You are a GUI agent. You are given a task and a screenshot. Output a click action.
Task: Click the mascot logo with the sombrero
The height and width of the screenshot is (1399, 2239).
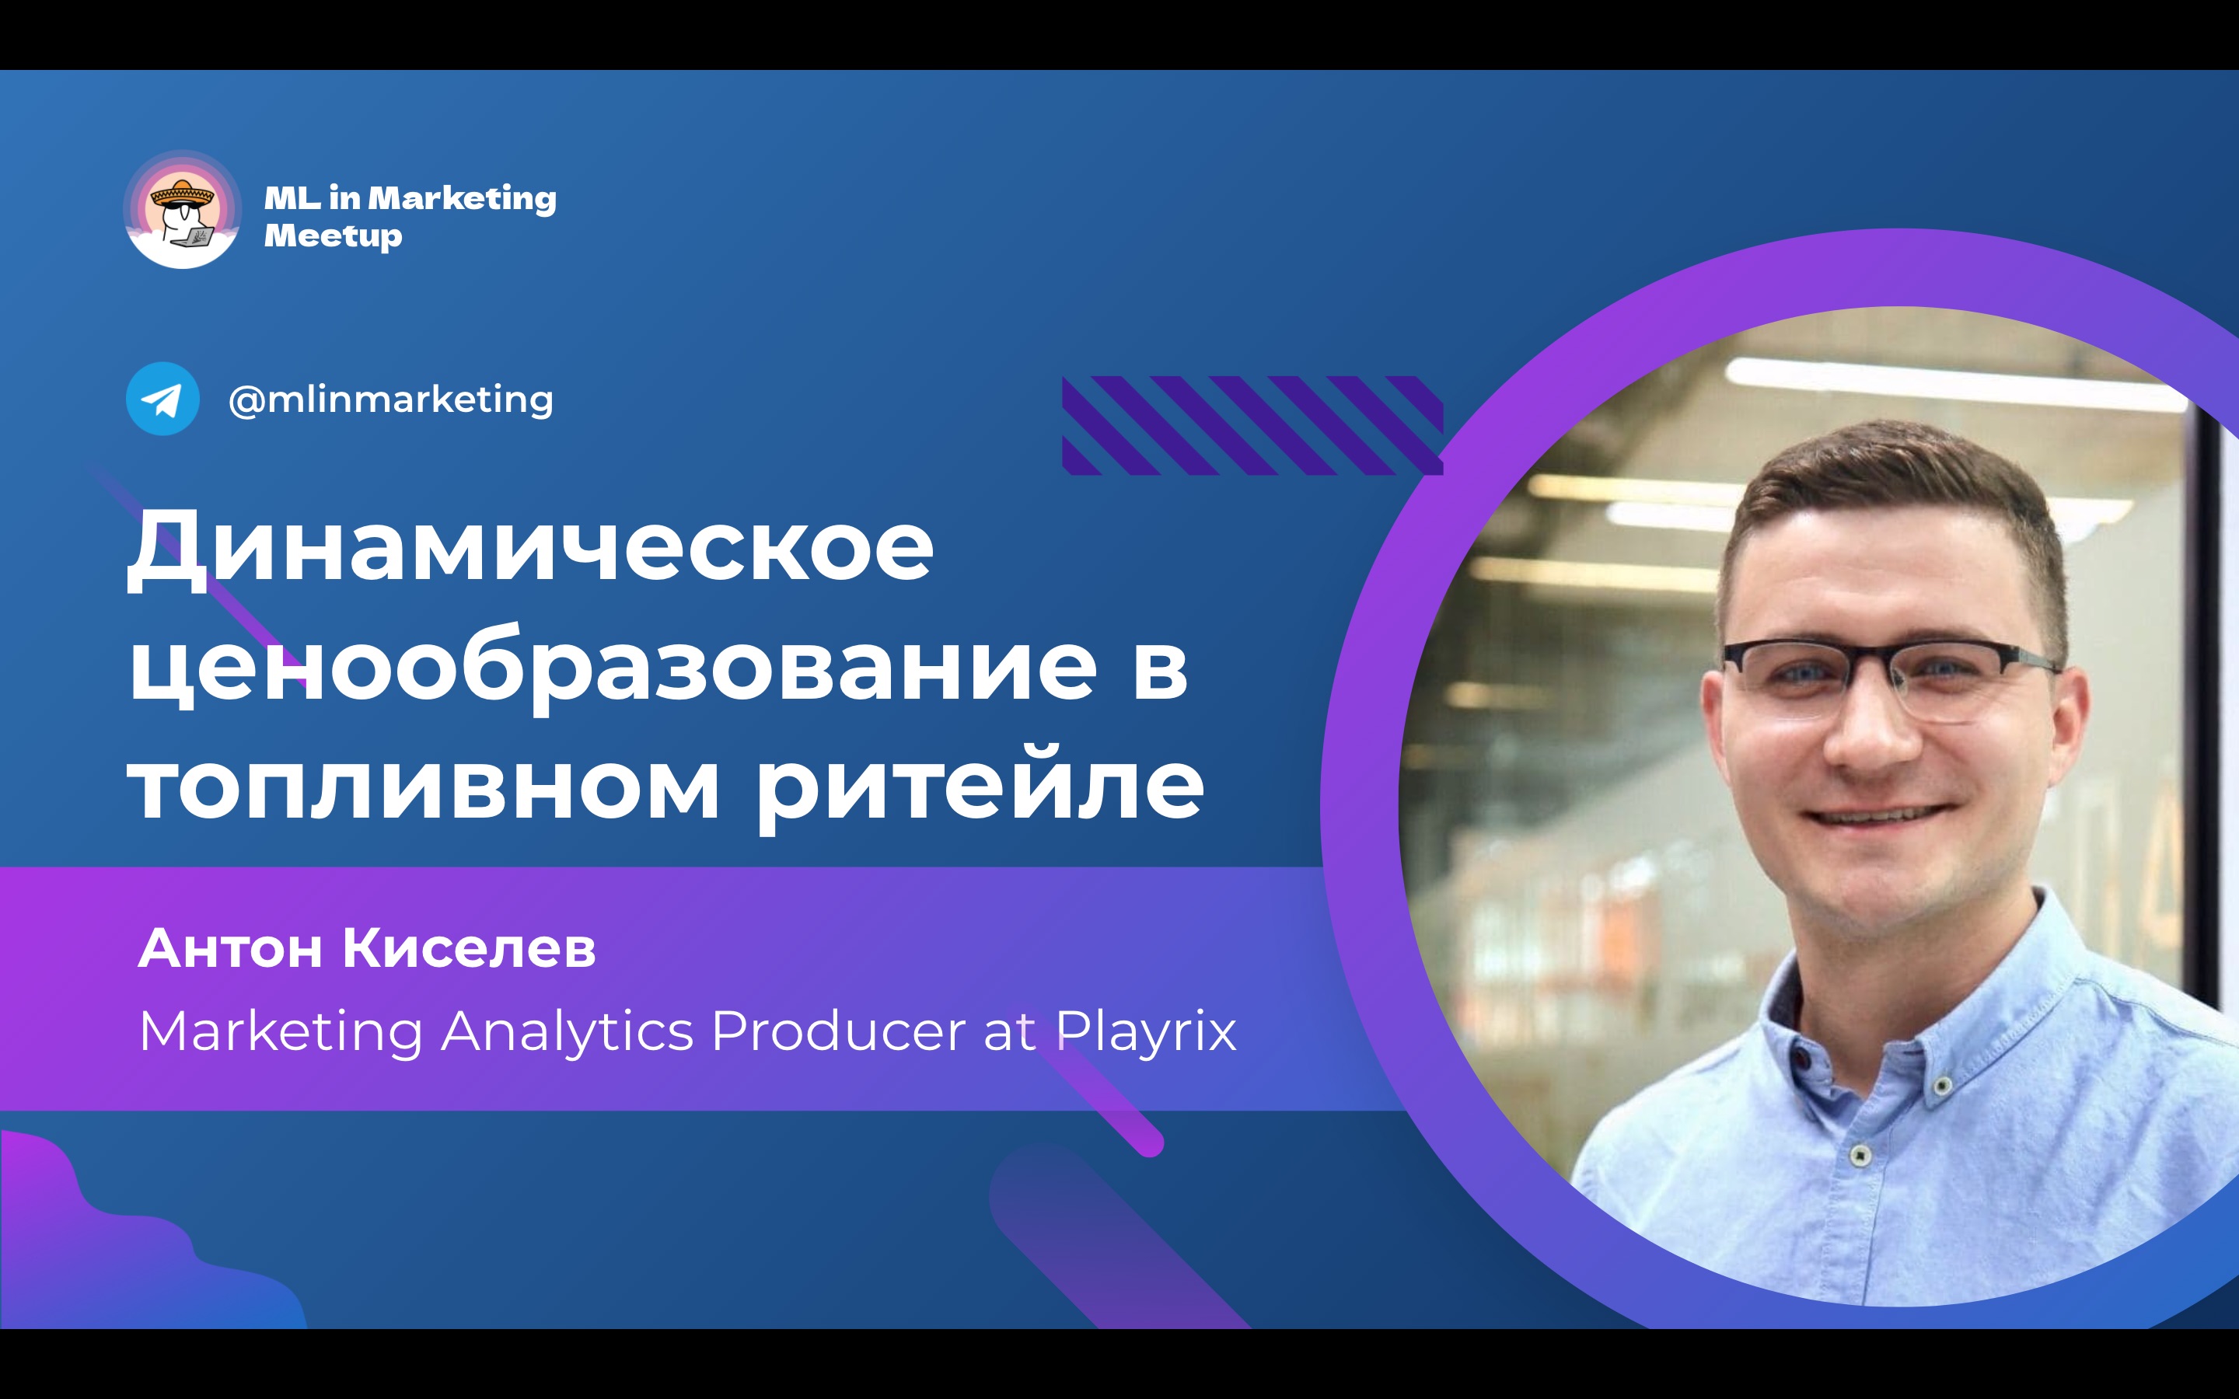182,210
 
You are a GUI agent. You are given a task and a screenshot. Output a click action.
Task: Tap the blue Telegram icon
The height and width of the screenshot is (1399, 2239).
162,399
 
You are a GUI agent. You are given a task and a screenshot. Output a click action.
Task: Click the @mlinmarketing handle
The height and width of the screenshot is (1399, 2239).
390,399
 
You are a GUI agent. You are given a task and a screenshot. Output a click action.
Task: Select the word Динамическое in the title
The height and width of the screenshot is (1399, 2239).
530,548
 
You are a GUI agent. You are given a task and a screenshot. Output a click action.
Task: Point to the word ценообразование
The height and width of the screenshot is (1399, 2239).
613,666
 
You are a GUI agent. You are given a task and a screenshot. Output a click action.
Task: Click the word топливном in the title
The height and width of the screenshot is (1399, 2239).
423,786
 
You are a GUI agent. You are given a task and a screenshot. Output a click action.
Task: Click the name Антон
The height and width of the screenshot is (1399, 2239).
230,948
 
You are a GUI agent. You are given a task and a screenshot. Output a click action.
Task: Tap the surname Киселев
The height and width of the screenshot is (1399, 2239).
469,948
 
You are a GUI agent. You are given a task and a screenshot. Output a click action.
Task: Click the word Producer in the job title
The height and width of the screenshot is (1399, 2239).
838,1030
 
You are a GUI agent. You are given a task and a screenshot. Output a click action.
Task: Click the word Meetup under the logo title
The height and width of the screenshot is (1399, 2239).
333,236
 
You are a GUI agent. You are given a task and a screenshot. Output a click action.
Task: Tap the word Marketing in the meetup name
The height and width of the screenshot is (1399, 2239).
463,198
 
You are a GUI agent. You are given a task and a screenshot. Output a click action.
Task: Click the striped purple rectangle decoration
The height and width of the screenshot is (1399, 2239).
1252,426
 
